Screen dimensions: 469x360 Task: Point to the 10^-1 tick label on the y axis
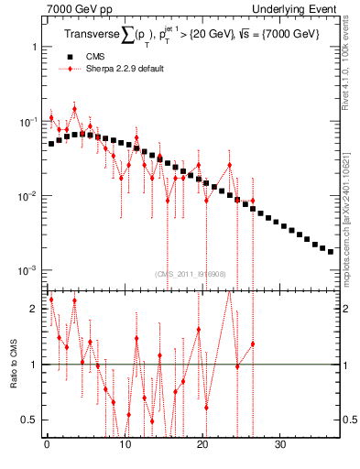click(27, 121)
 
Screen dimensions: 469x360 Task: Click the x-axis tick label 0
click(47, 447)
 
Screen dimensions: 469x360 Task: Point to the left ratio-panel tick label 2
click(34, 309)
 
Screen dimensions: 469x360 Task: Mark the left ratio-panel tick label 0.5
click(31, 420)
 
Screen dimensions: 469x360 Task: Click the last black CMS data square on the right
click(331, 251)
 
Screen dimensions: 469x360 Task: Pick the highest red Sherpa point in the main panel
click(74, 109)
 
